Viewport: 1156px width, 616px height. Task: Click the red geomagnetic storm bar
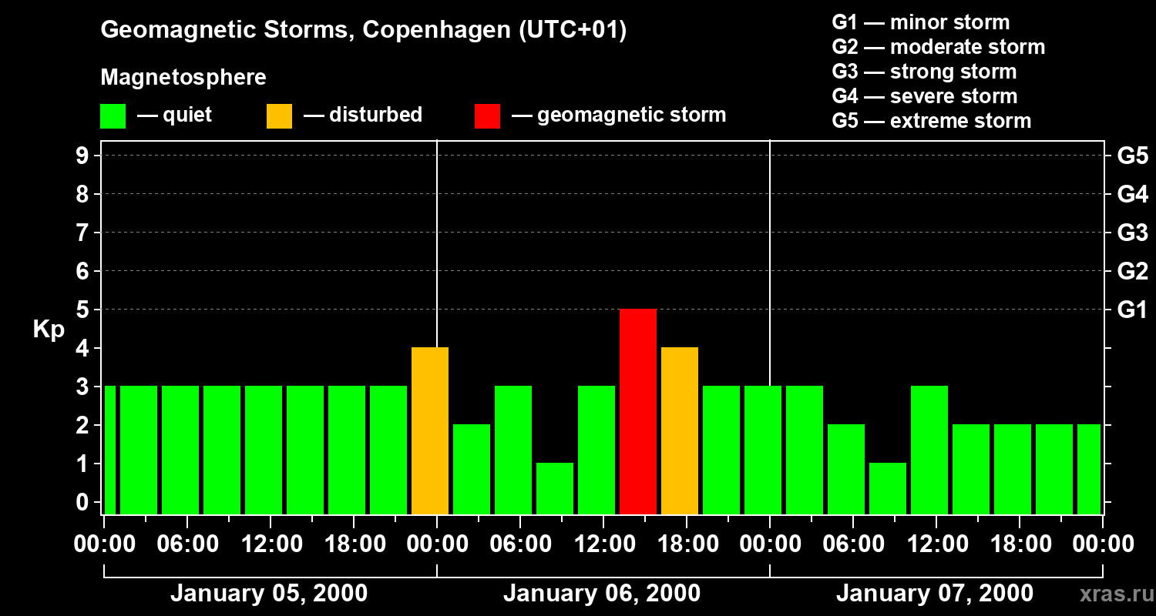point(638,411)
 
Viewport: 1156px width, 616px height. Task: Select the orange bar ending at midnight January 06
point(430,430)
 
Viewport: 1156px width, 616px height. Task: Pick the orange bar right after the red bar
point(680,430)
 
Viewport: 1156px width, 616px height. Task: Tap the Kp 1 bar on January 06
point(555,488)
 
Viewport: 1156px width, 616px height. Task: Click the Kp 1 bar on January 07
point(888,488)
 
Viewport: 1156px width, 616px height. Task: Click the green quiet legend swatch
point(113,115)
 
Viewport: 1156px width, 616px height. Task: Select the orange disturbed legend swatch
point(279,115)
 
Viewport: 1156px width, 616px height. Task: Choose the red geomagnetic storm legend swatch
point(487,115)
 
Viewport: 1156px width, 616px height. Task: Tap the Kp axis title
point(49,330)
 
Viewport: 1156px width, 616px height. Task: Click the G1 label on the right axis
point(1132,310)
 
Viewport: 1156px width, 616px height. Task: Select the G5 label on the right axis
point(1132,156)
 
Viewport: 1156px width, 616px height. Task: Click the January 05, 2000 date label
point(268,594)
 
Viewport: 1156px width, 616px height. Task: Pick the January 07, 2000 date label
point(934,594)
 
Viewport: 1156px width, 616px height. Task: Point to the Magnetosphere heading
point(183,78)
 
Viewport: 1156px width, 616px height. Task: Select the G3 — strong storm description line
point(924,72)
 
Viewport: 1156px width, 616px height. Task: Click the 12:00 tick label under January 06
point(603,544)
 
